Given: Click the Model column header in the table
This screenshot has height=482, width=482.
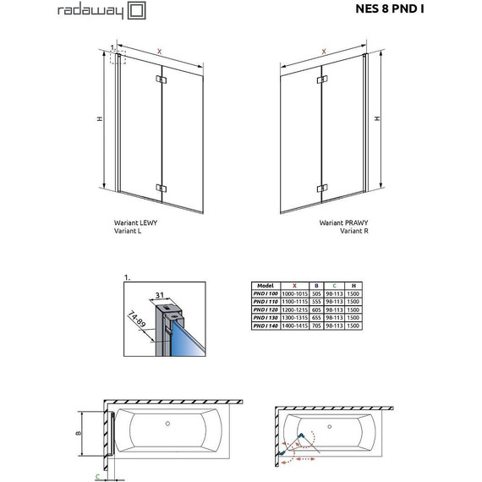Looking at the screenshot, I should [x=266, y=286].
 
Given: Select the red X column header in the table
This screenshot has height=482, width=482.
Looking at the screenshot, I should [x=294, y=286].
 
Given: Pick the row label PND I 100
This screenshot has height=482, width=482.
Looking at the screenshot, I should [x=266, y=293].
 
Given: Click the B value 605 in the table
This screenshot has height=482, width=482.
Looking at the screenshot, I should [x=315, y=309].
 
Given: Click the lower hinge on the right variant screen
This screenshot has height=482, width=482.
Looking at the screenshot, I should [x=320, y=187].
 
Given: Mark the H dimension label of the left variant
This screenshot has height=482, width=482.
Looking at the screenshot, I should [x=99, y=118].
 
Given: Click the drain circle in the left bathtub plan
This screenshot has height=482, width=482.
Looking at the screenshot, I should [x=167, y=423].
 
